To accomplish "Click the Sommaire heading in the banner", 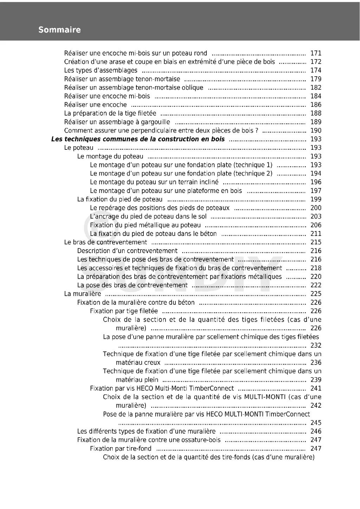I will (x=59, y=30).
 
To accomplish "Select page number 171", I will (x=316, y=53).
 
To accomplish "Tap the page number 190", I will (x=316, y=131).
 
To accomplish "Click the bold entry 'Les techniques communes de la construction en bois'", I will (x=138, y=139).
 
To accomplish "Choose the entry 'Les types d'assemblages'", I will (x=101, y=70).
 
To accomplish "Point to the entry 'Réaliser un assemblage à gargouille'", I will (x=117, y=122).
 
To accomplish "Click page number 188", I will (x=316, y=114).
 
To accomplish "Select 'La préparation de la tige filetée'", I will (x=110, y=114).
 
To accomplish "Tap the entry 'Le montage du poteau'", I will (x=110, y=156).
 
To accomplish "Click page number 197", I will (x=316, y=191).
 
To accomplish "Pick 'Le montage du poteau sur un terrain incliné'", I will (x=154, y=182).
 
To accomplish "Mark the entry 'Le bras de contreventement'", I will (x=105, y=242).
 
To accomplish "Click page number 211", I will (x=316, y=234).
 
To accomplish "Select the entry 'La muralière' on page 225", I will (x=82, y=294).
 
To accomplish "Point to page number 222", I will (x=316, y=285).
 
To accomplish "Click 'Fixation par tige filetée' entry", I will (x=124, y=311).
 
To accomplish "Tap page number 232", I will (x=316, y=346).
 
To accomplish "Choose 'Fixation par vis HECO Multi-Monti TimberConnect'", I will (x=162, y=388).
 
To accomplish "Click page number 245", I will (x=316, y=423).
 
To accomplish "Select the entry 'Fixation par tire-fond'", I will (x=121, y=449).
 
